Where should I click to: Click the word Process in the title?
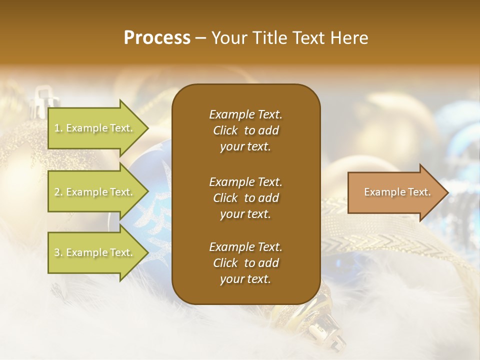(x=157, y=38)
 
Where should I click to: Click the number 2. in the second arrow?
(x=58, y=192)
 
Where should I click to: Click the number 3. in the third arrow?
(x=58, y=252)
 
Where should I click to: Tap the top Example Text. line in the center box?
(x=245, y=114)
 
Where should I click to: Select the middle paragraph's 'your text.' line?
(x=245, y=214)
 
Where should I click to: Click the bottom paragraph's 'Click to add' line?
(x=245, y=263)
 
